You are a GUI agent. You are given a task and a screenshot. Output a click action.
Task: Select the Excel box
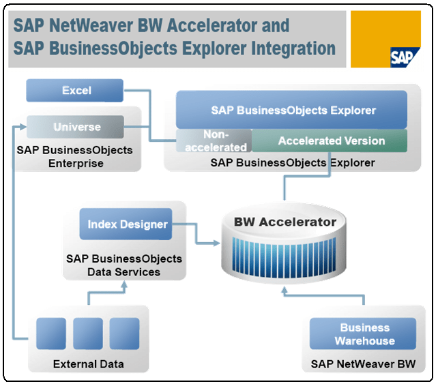click(76, 91)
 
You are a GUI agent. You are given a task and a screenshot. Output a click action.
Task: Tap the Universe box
click(76, 127)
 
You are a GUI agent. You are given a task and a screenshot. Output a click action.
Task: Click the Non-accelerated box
click(215, 141)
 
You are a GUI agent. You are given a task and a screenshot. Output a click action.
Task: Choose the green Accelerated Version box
click(330, 141)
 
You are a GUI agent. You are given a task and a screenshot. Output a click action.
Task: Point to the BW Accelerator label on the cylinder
click(285, 222)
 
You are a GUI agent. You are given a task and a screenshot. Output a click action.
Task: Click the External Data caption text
click(89, 364)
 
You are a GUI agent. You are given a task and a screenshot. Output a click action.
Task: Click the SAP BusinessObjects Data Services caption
click(124, 265)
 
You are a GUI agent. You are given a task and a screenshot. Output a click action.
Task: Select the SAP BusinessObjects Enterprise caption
click(76, 156)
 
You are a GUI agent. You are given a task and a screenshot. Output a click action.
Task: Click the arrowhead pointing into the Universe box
click(23, 127)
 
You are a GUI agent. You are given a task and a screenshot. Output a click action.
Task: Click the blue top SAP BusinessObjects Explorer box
click(292, 110)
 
